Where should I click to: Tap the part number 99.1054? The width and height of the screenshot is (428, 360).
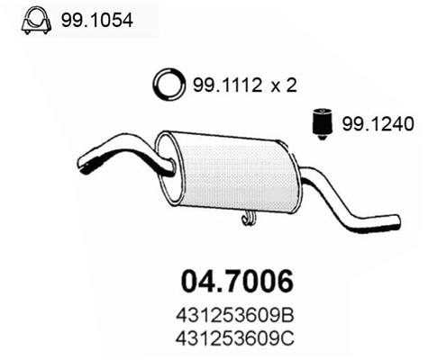(96, 18)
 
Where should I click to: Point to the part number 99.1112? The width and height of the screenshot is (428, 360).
(220, 86)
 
